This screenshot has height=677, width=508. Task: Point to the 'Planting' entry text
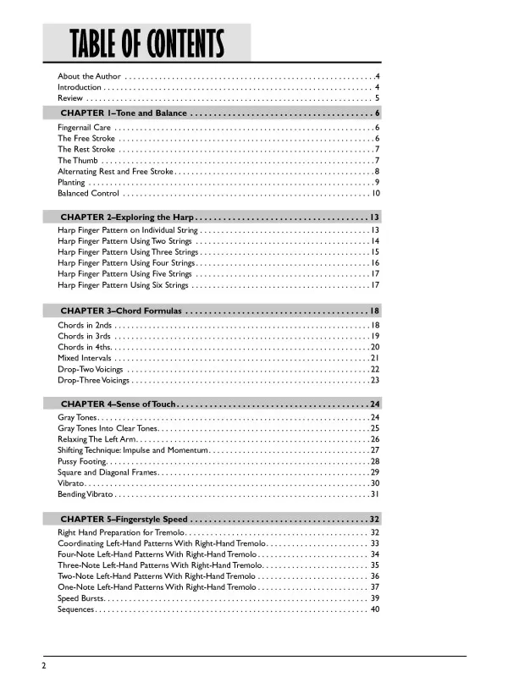point(71,182)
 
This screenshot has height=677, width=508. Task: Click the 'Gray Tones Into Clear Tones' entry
point(107,428)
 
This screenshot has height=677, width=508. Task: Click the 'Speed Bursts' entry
point(81,598)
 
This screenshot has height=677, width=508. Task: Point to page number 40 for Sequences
point(374,609)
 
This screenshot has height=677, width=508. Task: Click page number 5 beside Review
point(377,98)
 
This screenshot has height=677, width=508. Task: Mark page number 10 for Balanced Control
point(374,193)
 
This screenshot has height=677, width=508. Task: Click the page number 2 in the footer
point(42,665)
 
